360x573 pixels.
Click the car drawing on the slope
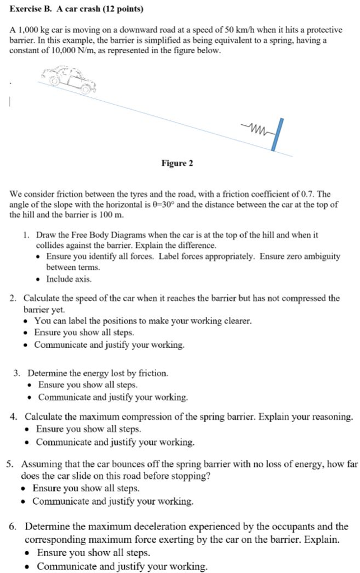tap(71, 79)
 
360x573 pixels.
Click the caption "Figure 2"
tap(177, 163)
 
